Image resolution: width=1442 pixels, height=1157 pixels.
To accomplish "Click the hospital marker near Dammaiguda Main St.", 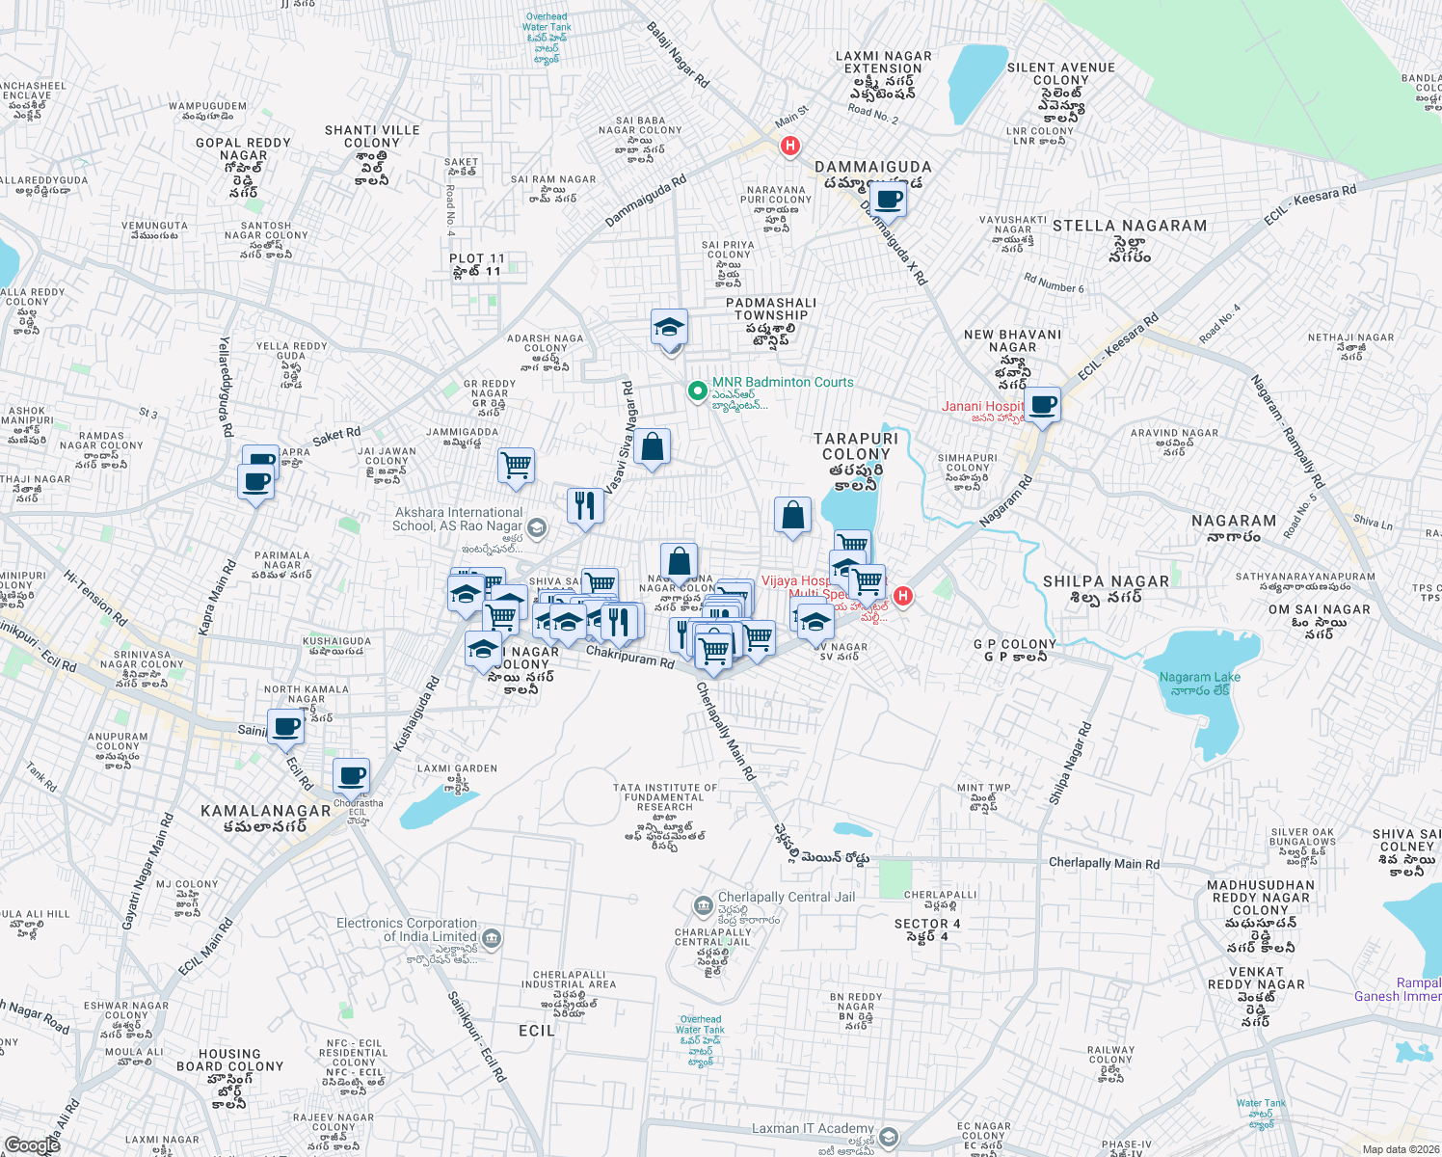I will pos(790,147).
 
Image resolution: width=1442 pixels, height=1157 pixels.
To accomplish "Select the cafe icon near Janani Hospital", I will pos(1042,403).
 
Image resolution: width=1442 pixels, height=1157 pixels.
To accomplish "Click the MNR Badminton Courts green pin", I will pos(697,391).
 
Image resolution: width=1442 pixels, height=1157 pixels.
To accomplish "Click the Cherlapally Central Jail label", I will pos(786,897).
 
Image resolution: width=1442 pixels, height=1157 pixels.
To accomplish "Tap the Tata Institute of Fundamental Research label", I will pos(664,797).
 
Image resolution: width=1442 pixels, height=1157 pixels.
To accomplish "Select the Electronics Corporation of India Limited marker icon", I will pos(491,937).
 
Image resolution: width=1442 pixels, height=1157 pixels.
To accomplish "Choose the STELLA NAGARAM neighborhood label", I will pos(1130,226).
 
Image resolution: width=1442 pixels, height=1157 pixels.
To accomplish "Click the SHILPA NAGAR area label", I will pos(1106,581).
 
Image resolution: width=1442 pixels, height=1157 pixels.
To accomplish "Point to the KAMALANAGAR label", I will pos(265,811).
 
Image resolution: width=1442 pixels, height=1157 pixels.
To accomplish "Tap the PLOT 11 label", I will pos(476,258).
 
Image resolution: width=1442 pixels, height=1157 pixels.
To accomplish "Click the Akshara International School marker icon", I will pos(537,527).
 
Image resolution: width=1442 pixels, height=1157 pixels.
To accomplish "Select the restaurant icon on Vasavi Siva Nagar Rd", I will pos(585,504).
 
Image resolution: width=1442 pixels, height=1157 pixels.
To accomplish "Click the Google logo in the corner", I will pos(33,1145).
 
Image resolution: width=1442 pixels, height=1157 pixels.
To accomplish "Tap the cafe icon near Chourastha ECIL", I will pos(351,775).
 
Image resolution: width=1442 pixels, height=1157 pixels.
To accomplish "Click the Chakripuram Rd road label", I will pos(630,657).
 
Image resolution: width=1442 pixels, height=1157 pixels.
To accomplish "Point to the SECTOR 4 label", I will pos(927,924).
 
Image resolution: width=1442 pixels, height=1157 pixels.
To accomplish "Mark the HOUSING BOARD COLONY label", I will pos(229,1061).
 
